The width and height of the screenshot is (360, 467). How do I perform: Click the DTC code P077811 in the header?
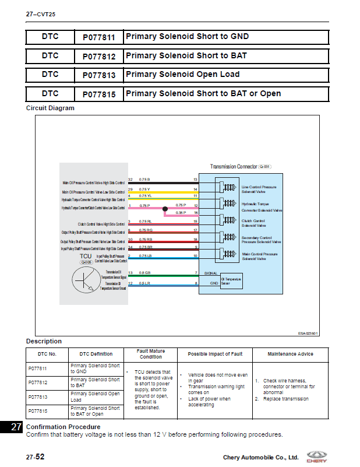(98, 37)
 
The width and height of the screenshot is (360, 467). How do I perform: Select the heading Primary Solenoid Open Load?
(182, 75)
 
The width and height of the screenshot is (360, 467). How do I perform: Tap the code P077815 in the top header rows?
(98, 94)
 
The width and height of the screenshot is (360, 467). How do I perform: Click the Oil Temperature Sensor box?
(230, 281)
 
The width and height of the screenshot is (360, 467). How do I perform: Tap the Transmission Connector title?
(240, 166)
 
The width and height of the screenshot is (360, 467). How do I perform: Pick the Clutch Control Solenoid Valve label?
(254, 223)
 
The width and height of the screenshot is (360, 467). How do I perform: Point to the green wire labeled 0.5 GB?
(169, 275)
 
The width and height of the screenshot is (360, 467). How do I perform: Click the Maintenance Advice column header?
(290, 354)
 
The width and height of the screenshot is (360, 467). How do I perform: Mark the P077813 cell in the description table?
(37, 397)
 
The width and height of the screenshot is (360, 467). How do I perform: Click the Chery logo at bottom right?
(317, 455)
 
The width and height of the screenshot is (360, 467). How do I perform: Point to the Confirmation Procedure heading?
(63, 427)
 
